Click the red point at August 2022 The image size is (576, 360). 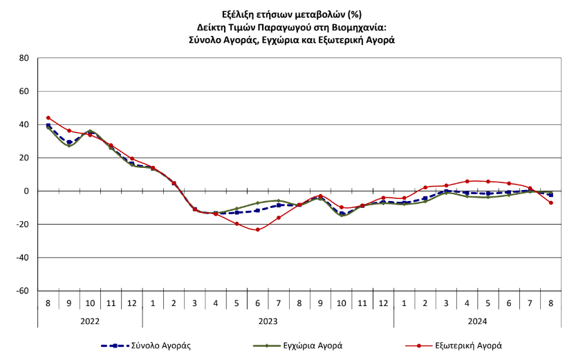pos(48,118)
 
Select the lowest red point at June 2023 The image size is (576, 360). pos(258,229)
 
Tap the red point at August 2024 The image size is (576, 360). pos(551,202)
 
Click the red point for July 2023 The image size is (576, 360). pos(279,218)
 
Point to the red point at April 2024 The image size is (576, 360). pos(467,181)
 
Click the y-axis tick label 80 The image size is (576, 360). pos(23,58)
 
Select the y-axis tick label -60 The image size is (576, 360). pos(21,291)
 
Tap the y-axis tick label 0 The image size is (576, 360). pos(25,191)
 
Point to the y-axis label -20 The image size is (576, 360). pos(21,225)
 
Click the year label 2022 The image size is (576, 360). pos(90,320)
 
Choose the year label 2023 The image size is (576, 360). pos(268,320)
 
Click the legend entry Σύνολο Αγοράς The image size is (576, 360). pos(162,345)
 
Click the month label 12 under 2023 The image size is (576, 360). pos(383,303)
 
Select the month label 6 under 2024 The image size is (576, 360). pos(509,303)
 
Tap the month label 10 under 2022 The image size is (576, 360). pos(90,303)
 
